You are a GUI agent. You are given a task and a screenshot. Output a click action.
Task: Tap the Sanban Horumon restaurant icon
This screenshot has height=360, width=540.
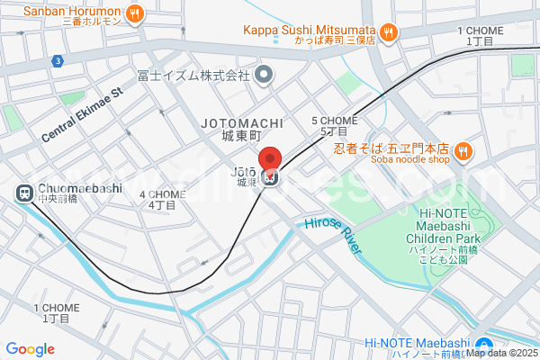pos(134,13)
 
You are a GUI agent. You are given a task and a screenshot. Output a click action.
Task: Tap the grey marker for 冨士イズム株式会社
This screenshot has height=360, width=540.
pos(264,76)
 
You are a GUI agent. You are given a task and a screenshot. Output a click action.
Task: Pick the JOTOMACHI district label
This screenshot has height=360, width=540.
pos(242,122)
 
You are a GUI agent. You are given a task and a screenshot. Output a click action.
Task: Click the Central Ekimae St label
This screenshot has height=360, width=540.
pos(80,115)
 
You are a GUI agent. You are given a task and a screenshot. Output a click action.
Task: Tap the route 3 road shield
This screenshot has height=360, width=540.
pos(57,61)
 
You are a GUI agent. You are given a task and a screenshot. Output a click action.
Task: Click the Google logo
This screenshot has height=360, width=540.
pos(31,349)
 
